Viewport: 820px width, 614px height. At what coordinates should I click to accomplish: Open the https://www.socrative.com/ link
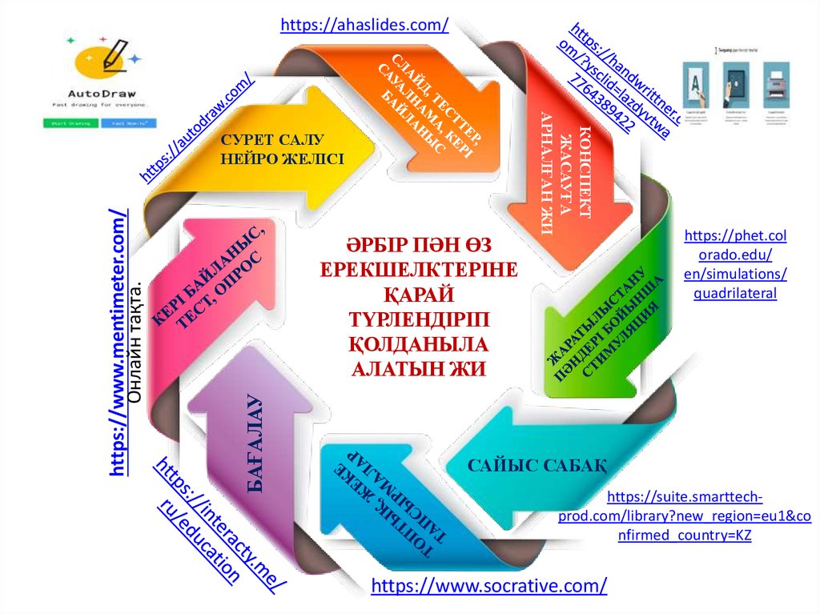click(x=488, y=585)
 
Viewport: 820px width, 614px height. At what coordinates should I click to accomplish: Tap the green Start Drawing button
click(x=70, y=124)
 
